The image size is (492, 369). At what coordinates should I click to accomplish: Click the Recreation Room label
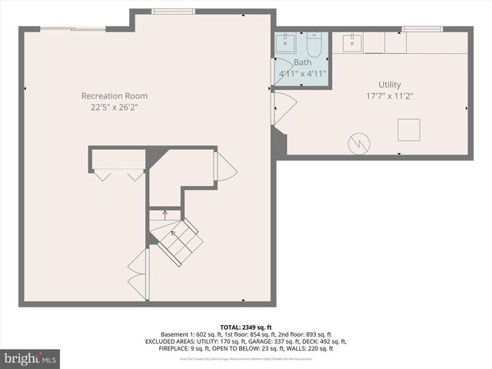[115, 96]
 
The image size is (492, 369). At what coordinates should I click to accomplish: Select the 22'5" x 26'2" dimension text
[115, 108]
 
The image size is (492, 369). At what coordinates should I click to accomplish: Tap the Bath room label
[302, 61]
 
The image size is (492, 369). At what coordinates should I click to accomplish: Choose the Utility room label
[390, 85]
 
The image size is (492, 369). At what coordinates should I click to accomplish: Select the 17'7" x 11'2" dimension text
[390, 96]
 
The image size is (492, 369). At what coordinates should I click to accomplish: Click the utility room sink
[353, 42]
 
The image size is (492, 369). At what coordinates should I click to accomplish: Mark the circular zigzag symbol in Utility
[359, 143]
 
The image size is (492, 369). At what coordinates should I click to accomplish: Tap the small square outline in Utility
[408, 130]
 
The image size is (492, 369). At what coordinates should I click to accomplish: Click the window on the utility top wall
[422, 29]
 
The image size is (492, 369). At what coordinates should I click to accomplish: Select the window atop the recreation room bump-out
[173, 11]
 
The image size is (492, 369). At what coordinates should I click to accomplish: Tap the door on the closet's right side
[225, 166]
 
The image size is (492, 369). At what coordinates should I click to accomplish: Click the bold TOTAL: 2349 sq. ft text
[245, 327]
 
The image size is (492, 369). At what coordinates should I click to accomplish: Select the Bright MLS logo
[31, 358]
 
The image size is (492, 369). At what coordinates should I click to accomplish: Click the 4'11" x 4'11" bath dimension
[302, 74]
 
